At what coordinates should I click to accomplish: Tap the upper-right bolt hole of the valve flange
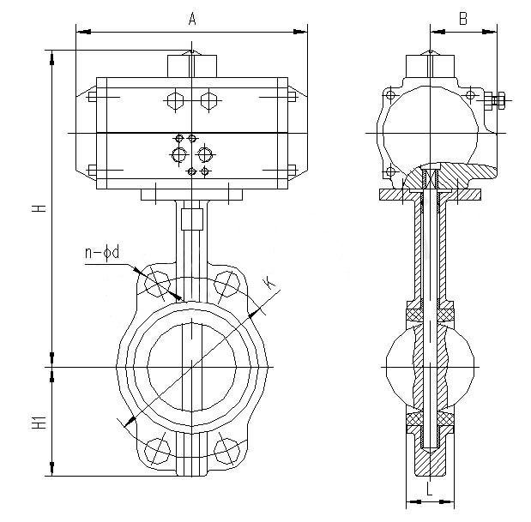[x=226, y=283]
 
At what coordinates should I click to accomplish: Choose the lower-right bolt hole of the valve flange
[x=226, y=451]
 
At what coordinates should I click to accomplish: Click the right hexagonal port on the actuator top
[x=207, y=100]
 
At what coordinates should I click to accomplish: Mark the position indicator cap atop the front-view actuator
[x=191, y=66]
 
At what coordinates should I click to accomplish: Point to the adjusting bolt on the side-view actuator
[x=498, y=102]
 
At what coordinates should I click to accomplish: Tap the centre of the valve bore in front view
[x=190, y=367]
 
